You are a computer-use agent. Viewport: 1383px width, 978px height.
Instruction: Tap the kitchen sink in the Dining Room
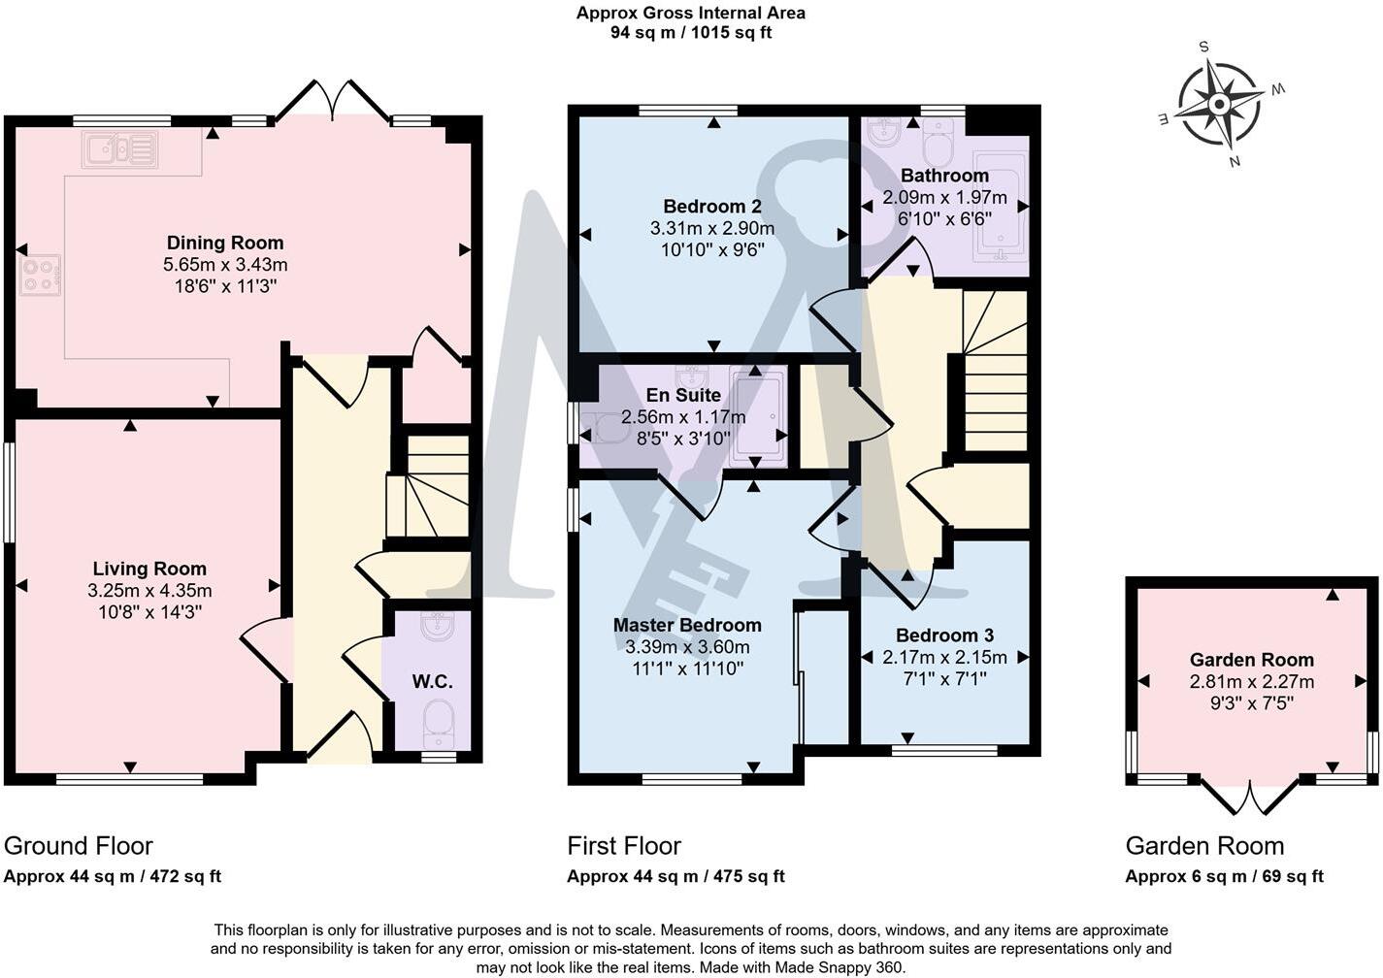pyautogui.click(x=119, y=149)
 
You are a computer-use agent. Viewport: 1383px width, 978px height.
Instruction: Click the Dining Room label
pyautogui.click(x=225, y=243)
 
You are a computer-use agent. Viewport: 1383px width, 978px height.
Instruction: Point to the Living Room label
pyautogui.click(x=149, y=569)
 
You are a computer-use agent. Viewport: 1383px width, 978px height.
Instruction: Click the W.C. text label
pyautogui.click(x=432, y=681)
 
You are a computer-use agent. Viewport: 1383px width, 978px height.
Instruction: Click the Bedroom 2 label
pyautogui.click(x=711, y=206)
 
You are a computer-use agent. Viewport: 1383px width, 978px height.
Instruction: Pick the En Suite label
pyautogui.click(x=683, y=395)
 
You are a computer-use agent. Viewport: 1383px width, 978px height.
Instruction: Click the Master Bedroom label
pyautogui.click(x=687, y=625)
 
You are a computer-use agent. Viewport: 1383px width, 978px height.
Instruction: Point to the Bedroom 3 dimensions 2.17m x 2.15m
pyautogui.click(x=944, y=657)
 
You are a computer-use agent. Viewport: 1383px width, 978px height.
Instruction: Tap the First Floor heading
pyautogui.click(x=624, y=846)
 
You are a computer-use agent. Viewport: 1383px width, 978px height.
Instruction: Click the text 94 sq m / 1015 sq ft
pyautogui.click(x=690, y=33)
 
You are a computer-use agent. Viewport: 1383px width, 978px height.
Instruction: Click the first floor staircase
pyautogui.click(x=996, y=374)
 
